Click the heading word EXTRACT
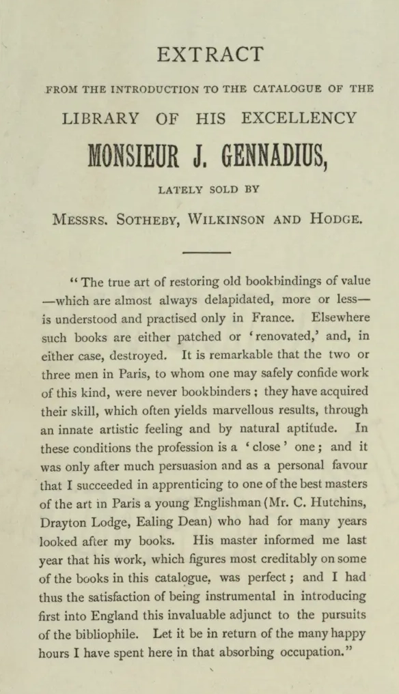[210, 55]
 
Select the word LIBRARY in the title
[100, 118]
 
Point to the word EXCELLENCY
[299, 118]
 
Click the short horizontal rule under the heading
[207, 252]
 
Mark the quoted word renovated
[254, 336]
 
